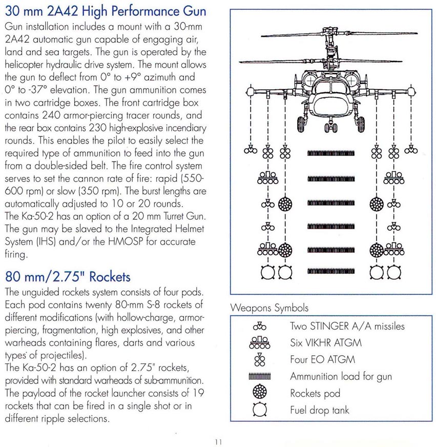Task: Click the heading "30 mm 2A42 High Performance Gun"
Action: [106, 11]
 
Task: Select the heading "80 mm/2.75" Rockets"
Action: [68, 277]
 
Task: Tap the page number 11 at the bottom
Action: [218, 442]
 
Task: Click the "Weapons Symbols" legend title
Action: [269, 308]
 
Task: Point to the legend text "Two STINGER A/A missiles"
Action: [347, 326]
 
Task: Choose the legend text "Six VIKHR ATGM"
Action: [326, 342]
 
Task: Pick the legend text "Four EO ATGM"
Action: [323, 359]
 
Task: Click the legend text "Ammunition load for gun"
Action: [341, 376]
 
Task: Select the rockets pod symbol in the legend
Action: [260, 392]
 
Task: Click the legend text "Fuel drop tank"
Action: [320, 410]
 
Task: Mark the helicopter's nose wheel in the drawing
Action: [330, 127]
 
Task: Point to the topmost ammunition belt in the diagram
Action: [331, 154]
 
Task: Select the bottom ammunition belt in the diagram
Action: [331, 271]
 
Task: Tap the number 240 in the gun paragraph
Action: [52, 115]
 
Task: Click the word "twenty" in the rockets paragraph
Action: [98, 305]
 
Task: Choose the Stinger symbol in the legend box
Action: [260, 326]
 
